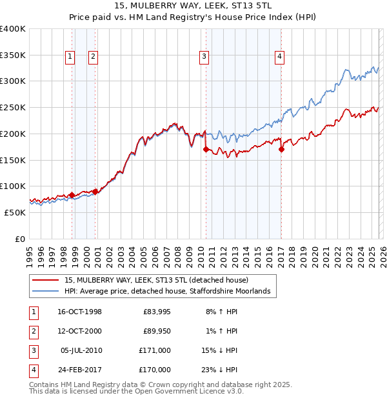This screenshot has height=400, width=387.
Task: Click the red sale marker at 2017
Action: pos(281,150)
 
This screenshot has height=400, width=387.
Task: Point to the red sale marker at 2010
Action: pos(206,149)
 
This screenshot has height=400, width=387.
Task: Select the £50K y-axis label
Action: pos(15,212)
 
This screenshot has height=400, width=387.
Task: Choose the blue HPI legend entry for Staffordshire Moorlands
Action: pos(170,292)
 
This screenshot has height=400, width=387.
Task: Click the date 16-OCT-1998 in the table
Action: pos(79,312)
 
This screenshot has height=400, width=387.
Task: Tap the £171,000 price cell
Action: pos(155,350)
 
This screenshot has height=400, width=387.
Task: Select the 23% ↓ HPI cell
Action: pos(220,370)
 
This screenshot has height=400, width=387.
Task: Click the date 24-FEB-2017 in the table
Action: pos(79,370)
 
